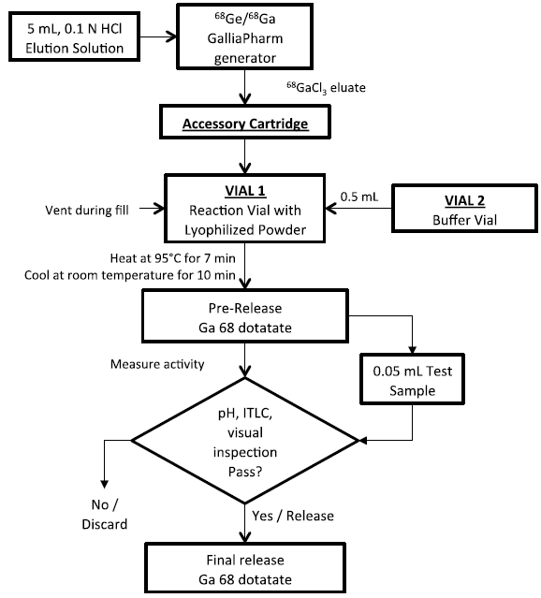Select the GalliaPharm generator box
pos(243,38)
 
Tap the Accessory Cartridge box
pos(243,124)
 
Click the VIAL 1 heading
pos(243,187)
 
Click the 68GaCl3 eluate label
pos(326,87)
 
